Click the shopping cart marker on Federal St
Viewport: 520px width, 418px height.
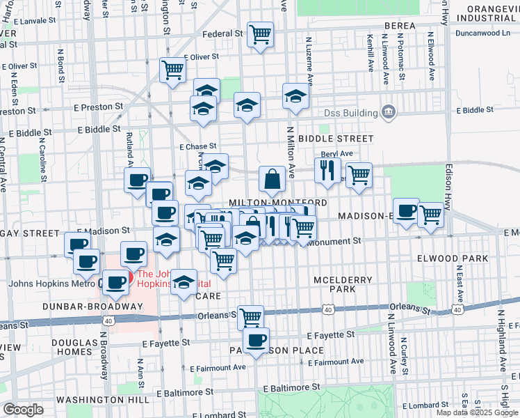(260, 33)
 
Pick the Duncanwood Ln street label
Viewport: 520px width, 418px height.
(482, 32)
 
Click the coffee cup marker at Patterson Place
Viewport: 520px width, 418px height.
(256, 340)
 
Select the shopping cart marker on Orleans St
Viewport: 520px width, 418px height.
(251, 317)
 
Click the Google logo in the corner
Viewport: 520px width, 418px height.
(24, 410)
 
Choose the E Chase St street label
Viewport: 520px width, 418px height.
(197, 147)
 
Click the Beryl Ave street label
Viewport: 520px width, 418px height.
(336, 154)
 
